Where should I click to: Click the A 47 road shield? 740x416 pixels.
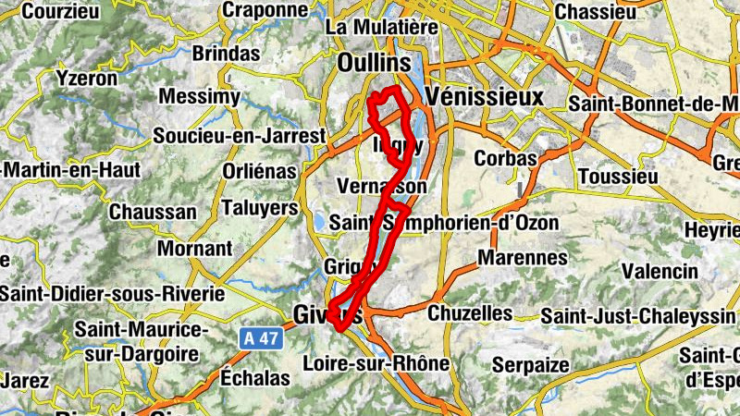tap(261, 339)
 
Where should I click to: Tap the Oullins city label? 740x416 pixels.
tap(374, 62)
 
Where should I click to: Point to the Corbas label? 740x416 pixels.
tap(505, 158)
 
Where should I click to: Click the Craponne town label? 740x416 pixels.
tap(265, 10)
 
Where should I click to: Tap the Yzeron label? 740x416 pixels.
tap(87, 79)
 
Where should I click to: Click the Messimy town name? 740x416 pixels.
tap(200, 97)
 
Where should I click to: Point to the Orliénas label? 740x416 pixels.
tap(260, 172)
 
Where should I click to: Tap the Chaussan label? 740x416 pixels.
tap(153, 212)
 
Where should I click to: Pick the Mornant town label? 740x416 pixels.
tap(194, 249)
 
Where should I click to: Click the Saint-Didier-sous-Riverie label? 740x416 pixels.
tap(113, 294)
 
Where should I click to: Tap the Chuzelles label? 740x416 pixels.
tap(470, 313)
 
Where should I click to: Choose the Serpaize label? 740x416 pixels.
tap(530, 365)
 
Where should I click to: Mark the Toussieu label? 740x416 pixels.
tap(614, 176)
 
